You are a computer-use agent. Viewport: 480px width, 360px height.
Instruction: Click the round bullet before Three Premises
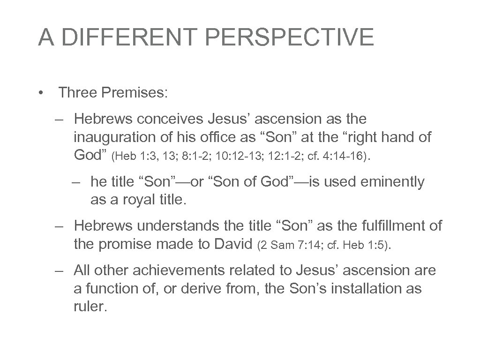(x=42, y=92)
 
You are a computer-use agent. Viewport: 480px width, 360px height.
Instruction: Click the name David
(x=232, y=244)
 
